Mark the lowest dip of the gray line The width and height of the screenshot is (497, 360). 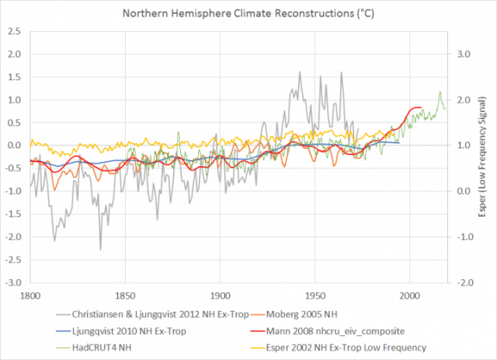click(x=101, y=249)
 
